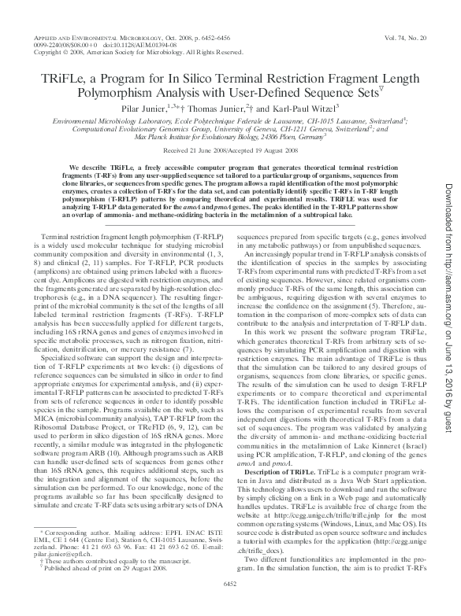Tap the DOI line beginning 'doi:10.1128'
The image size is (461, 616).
[x=123, y=45]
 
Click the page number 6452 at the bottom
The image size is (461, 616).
[x=231, y=604]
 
